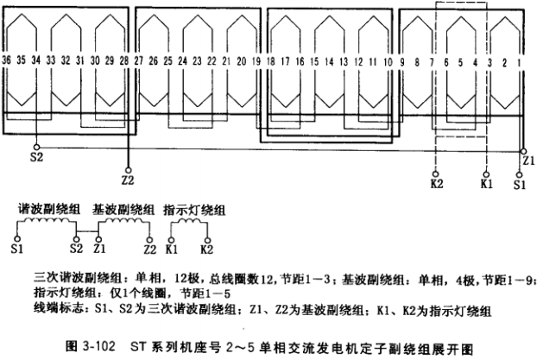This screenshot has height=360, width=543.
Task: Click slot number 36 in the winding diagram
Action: [x=8, y=62]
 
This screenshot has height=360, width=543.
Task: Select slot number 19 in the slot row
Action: [x=256, y=62]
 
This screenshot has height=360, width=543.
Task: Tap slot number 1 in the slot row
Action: [x=519, y=62]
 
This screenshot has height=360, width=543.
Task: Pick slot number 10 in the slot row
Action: [x=388, y=62]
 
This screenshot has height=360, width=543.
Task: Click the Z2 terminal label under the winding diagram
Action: [x=128, y=180]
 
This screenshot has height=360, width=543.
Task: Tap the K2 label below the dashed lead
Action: [x=436, y=184]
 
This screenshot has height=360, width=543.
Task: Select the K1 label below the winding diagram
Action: [x=486, y=184]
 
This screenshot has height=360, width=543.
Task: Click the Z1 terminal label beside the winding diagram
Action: [x=528, y=160]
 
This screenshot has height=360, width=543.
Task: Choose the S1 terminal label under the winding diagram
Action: [x=520, y=184]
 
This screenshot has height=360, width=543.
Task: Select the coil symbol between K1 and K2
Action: [x=188, y=226]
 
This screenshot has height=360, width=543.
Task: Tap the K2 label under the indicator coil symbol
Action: [x=205, y=249]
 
